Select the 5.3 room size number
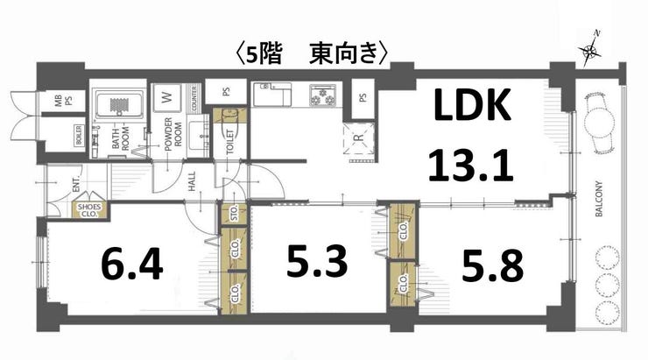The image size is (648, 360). (x=317, y=261)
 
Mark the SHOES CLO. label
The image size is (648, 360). (x=89, y=210)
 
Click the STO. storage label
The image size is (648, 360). (x=234, y=213)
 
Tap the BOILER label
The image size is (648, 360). (x=79, y=138)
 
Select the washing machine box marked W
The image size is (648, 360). (x=165, y=97)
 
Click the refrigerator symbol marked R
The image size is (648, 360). (x=357, y=138)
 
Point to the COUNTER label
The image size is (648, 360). (x=191, y=98)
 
